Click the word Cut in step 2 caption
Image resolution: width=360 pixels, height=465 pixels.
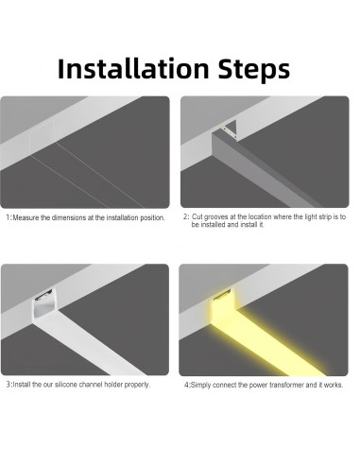point(201,216)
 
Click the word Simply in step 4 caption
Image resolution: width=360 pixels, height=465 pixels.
point(200,385)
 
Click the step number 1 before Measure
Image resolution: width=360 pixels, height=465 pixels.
point(9,217)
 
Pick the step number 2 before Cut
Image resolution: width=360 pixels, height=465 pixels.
point(185,216)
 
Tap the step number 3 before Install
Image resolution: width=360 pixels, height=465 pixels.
point(9,385)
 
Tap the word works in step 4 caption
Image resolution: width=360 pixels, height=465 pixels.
point(336,385)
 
